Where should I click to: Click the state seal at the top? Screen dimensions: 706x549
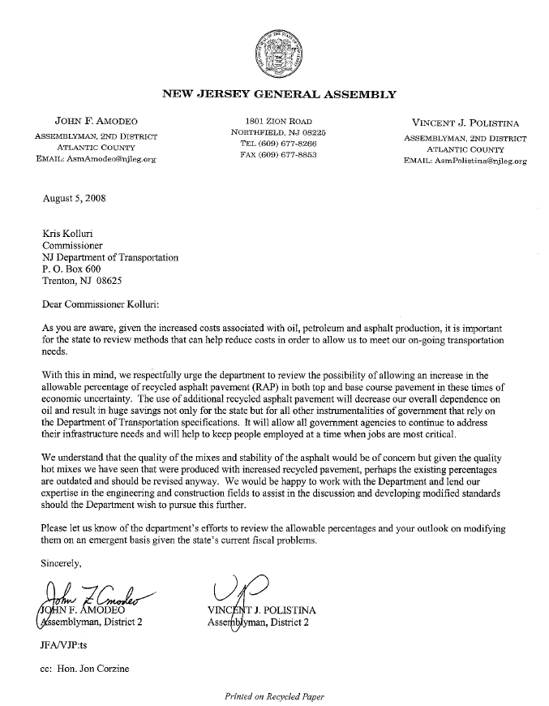(x=273, y=51)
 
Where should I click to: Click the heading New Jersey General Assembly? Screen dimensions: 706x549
(x=280, y=94)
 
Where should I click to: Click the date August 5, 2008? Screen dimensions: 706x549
(x=74, y=197)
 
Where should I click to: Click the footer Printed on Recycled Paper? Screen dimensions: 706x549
(x=275, y=696)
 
